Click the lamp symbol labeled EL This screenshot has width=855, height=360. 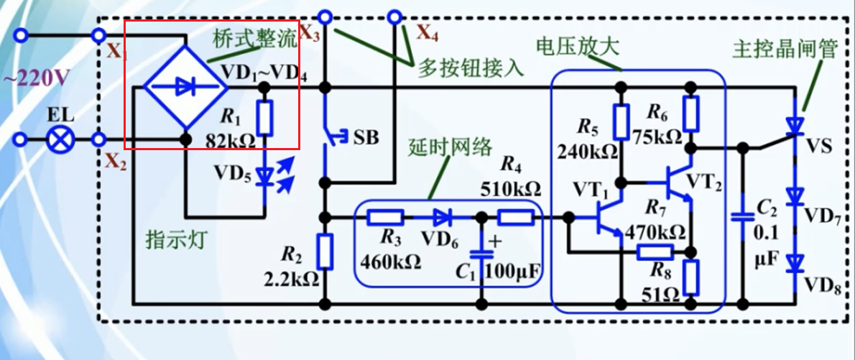coord(57,139)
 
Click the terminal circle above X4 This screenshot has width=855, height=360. coord(394,16)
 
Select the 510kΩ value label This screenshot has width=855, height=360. coord(510,189)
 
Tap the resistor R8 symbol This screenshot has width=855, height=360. coord(691,278)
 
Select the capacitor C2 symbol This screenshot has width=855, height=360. coord(742,216)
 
